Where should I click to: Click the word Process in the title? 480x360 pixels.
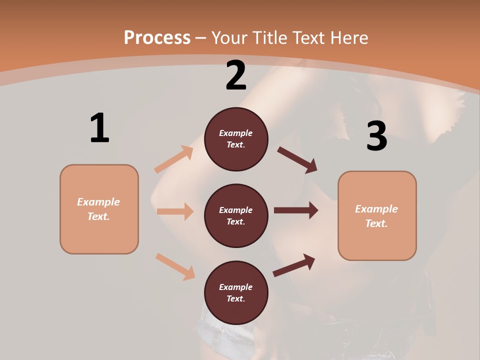tap(157, 38)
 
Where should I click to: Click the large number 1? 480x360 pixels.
tap(99, 128)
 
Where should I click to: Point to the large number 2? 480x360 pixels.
tap(236, 75)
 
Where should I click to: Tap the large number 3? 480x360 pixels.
tap(376, 136)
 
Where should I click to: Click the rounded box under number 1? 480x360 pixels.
tap(99, 209)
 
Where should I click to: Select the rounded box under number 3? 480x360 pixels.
tap(377, 215)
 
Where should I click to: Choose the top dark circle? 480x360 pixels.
tap(236, 139)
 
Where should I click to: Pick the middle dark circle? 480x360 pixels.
tap(236, 215)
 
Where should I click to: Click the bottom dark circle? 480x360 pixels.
tap(236, 292)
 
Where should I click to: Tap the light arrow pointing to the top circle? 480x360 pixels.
tap(174, 159)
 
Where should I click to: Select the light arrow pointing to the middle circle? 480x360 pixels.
tap(175, 211)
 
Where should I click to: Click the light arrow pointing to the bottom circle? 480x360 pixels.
tap(175, 266)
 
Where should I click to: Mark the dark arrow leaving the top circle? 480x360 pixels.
tap(297, 159)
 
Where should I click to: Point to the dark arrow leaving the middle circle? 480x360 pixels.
tap(296, 210)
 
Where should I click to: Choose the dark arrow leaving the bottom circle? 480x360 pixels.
tap(294, 265)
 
